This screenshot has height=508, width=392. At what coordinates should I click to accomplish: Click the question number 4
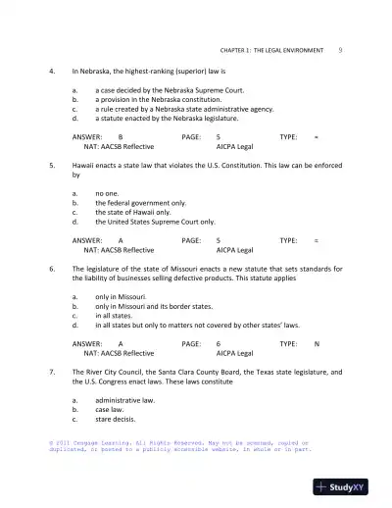[x=51, y=72]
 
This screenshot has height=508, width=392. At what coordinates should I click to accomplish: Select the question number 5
[x=51, y=166]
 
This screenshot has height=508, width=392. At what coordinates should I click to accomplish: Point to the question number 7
[x=51, y=372]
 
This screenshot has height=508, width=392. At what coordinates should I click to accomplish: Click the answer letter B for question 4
[x=121, y=136]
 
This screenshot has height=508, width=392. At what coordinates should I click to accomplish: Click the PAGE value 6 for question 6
[x=218, y=344]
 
